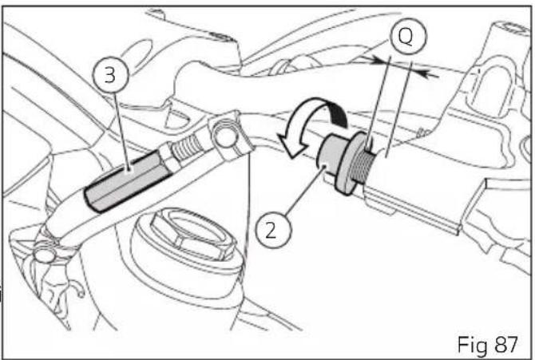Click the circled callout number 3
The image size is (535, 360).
(x=110, y=75)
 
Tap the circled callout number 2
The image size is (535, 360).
(x=273, y=231)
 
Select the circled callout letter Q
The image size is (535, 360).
(x=407, y=36)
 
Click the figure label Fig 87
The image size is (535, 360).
(x=487, y=345)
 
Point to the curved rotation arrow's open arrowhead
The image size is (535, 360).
(x=290, y=145)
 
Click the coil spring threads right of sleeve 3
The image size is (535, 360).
(x=187, y=147)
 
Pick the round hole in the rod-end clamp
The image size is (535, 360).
(x=225, y=136)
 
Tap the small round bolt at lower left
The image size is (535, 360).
(x=44, y=254)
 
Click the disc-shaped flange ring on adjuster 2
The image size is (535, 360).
(x=349, y=164)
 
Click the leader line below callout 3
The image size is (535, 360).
(x=121, y=132)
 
